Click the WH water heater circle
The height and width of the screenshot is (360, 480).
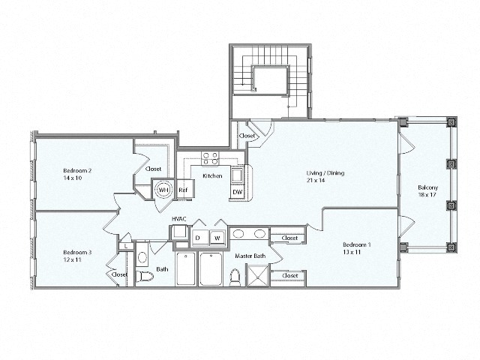pos(163,190)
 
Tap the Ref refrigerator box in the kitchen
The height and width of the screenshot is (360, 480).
pos(183,190)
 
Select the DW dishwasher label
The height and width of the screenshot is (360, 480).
pos(237,192)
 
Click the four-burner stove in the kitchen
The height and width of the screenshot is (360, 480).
pos(210,158)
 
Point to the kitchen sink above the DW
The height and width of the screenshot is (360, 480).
pos(237,175)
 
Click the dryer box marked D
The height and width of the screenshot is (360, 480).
pos(198,238)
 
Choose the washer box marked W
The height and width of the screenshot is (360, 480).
pos(217,238)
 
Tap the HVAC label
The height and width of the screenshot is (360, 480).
pos(178,219)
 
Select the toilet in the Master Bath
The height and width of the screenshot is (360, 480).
pos(234,276)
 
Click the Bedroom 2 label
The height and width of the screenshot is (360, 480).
pos(77,170)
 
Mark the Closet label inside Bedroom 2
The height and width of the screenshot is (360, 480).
pos(154,169)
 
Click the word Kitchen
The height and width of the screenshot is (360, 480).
pos(212,175)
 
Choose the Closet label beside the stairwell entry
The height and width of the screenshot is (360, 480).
pos(247,136)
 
